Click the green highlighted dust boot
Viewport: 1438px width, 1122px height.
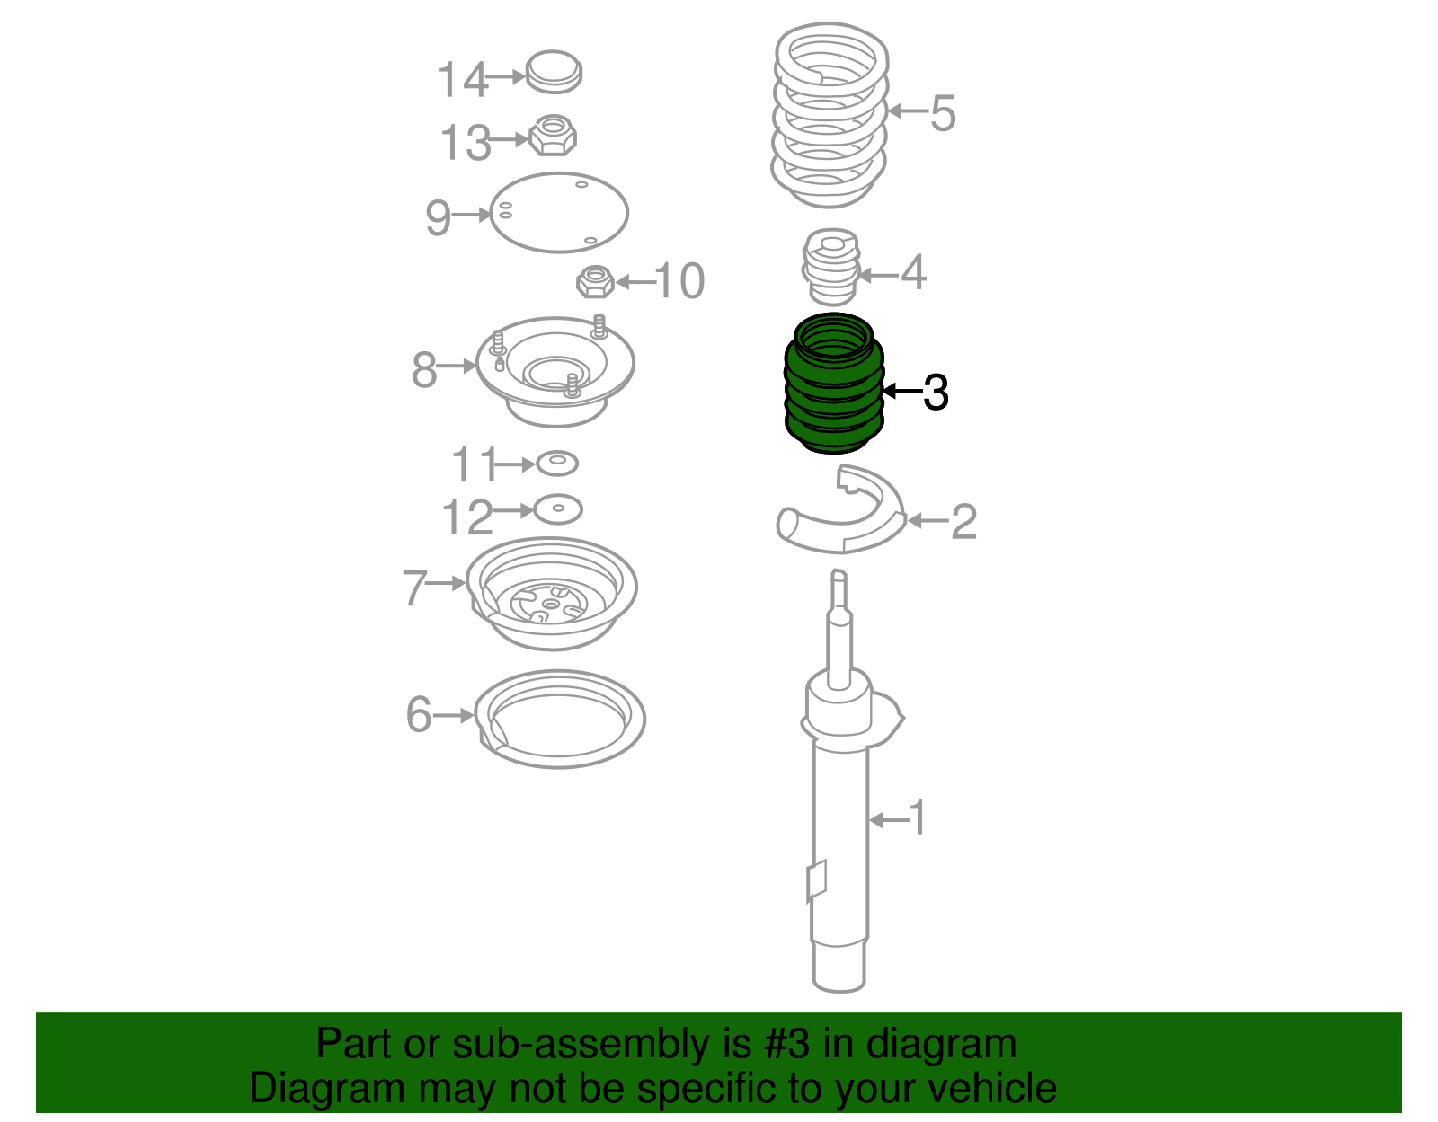tap(834, 384)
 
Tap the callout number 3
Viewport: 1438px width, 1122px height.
tap(936, 392)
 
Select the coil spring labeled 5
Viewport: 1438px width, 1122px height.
tap(830, 115)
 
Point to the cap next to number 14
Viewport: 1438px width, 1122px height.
tap(554, 71)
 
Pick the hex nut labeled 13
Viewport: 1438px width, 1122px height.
tap(553, 136)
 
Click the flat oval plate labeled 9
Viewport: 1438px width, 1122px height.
tap(558, 213)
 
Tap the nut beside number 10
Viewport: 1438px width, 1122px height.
tap(596, 282)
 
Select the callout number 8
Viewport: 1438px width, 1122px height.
tap(424, 369)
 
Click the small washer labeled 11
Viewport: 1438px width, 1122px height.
tap(557, 464)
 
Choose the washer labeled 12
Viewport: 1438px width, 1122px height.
tap(558, 509)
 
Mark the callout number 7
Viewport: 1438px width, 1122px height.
tap(414, 588)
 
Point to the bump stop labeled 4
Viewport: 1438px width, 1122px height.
tap(831, 267)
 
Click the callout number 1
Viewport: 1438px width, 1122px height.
tap(917, 817)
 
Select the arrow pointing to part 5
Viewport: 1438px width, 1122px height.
tap(907, 111)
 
